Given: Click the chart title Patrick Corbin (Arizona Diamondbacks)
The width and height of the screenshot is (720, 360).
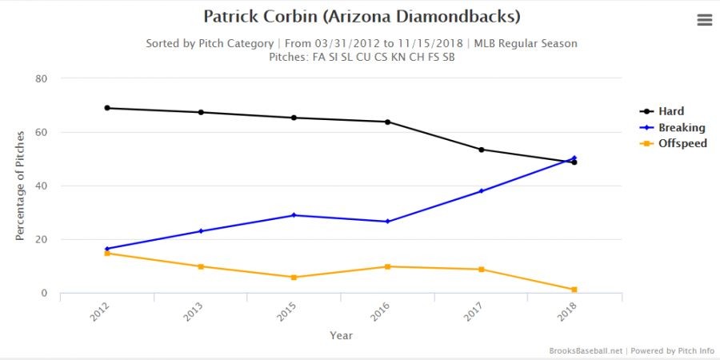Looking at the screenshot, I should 362,16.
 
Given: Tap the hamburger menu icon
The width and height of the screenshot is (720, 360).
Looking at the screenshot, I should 705,21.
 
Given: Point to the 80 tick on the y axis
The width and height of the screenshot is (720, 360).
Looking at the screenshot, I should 41,78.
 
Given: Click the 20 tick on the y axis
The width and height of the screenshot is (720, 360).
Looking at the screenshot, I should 41,239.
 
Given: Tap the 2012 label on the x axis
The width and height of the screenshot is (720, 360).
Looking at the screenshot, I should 99,311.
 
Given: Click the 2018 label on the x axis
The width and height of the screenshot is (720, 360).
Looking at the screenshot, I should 567,311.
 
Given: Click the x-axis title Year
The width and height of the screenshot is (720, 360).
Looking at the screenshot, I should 341,335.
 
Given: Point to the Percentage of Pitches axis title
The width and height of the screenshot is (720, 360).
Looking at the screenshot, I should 20,186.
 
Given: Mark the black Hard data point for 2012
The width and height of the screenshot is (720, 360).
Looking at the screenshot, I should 107,108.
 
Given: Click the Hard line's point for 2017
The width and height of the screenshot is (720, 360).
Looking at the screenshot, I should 481,150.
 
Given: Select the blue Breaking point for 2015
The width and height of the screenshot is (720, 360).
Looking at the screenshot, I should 294,215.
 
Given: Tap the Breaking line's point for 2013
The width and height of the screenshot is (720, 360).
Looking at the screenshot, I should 201,231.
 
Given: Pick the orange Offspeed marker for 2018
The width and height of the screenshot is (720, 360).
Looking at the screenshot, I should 574,290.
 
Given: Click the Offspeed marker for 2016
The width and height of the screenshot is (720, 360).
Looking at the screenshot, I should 387,266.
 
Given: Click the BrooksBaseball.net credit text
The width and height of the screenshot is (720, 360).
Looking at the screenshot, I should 586,351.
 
